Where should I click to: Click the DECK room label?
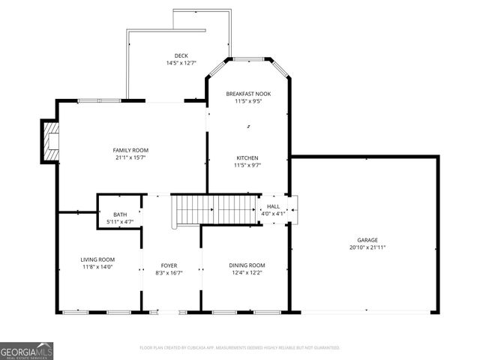(181, 55)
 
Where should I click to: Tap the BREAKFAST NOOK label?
(248, 94)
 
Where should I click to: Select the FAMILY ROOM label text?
(131, 150)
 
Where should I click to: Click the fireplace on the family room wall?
(50, 141)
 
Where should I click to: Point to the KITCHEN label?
(247, 157)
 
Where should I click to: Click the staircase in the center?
(216, 208)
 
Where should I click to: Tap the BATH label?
(120, 214)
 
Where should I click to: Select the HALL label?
(273, 206)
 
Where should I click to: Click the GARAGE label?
(367, 240)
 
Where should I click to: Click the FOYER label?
(169, 265)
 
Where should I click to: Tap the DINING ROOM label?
(247, 265)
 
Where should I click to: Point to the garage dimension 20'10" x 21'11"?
(367, 247)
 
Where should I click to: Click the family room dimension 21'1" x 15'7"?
(131, 157)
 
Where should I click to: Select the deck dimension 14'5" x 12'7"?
(181, 63)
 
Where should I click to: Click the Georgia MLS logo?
(26, 351)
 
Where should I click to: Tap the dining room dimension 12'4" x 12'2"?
(247, 272)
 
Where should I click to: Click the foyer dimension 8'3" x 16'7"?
(169, 273)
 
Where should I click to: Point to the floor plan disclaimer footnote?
(239, 348)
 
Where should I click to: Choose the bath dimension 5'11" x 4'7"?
(120, 222)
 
